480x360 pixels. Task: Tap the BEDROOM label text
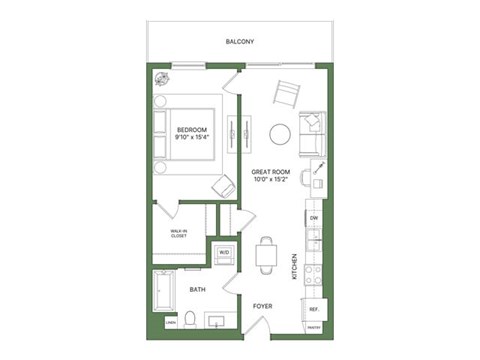[191, 130]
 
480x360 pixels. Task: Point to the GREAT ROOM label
[270, 173]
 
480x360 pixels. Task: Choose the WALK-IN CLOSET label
[179, 234]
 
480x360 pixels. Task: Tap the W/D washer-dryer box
[223, 253]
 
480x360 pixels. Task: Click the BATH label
[199, 290]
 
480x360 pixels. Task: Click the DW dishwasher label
[314, 217]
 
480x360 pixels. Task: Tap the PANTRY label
[314, 328]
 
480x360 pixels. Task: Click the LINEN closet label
[171, 323]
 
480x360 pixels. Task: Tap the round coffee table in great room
[280, 132]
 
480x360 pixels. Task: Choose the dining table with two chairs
[265, 256]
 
